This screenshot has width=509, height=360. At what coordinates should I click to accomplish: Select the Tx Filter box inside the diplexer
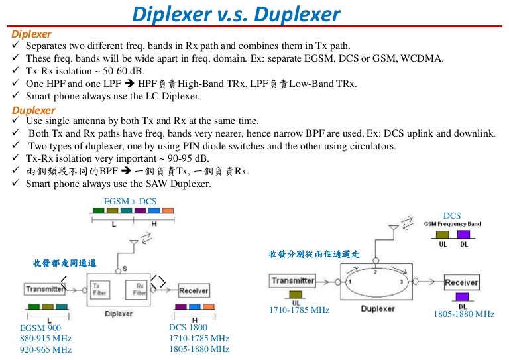pyautogui.click(x=99, y=289)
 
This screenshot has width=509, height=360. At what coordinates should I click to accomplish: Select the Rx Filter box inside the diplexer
pyautogui.click(x=139, y=289)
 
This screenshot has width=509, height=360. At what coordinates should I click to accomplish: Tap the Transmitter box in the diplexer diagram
pyautogui.click(x=45, y=289)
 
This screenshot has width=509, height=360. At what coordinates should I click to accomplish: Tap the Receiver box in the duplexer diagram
pyautogui.click(x=461, y=282)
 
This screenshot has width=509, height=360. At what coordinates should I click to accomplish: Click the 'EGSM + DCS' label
pyautogui.click(x=131, y=200)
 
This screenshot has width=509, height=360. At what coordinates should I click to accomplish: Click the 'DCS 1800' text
pyautogui.click(x=188, y=327)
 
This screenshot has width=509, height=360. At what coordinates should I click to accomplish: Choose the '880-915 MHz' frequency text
pyautogui.click(x=46, y=338)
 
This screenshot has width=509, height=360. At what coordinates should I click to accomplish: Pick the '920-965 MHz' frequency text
pyautogui.click(x=46, y=349)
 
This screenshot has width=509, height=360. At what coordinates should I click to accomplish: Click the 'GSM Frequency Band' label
pyautogui.click(x=453, y=224)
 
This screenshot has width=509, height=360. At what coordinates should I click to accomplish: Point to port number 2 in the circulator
pyautogui.click(x=375, y=272)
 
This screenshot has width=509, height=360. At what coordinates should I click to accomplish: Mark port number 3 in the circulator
pyautogui.click(x=401, y=282)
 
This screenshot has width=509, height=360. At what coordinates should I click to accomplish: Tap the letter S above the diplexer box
pyautogui.click(x=125, y=269)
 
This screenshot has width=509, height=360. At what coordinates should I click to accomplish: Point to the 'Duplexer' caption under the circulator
pyautogui.click(x=378, y=308)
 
